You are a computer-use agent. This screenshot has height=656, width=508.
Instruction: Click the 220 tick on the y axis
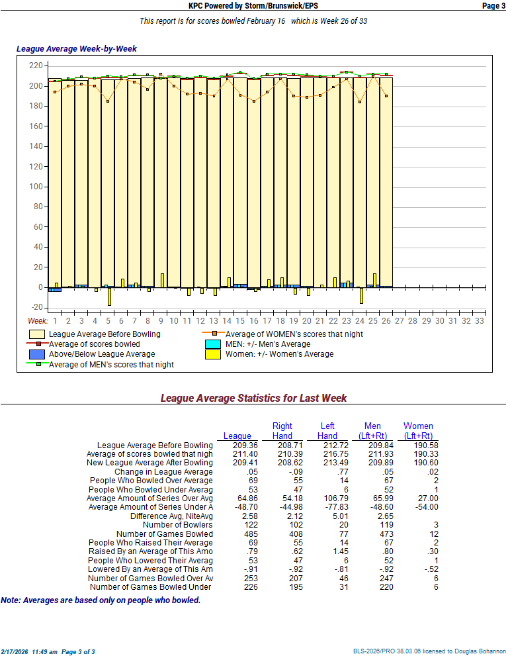tap(36, 66)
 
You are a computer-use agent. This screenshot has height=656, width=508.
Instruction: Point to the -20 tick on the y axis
tap(35, 308)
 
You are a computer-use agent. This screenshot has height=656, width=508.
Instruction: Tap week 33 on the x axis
tap(480, 320)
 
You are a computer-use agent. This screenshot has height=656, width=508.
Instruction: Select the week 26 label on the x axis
tap(386, 320)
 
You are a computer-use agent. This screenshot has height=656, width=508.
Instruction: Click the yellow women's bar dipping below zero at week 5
tap(109, 296)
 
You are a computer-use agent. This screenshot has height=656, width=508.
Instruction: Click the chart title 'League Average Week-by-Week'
tap(76, 49)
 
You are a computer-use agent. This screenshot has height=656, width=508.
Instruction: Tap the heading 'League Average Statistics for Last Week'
tap(253, 398)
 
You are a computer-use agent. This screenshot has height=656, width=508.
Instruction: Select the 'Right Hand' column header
tap(282, 431)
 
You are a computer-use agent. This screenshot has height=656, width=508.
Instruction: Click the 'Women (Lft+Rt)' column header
tap(418, 431)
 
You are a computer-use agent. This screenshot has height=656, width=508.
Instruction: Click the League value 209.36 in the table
tap(237, 445)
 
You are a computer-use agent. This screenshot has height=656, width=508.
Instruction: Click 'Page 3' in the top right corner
tap(493, 5)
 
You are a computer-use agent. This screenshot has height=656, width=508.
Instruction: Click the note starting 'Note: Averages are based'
tap(101, 600)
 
